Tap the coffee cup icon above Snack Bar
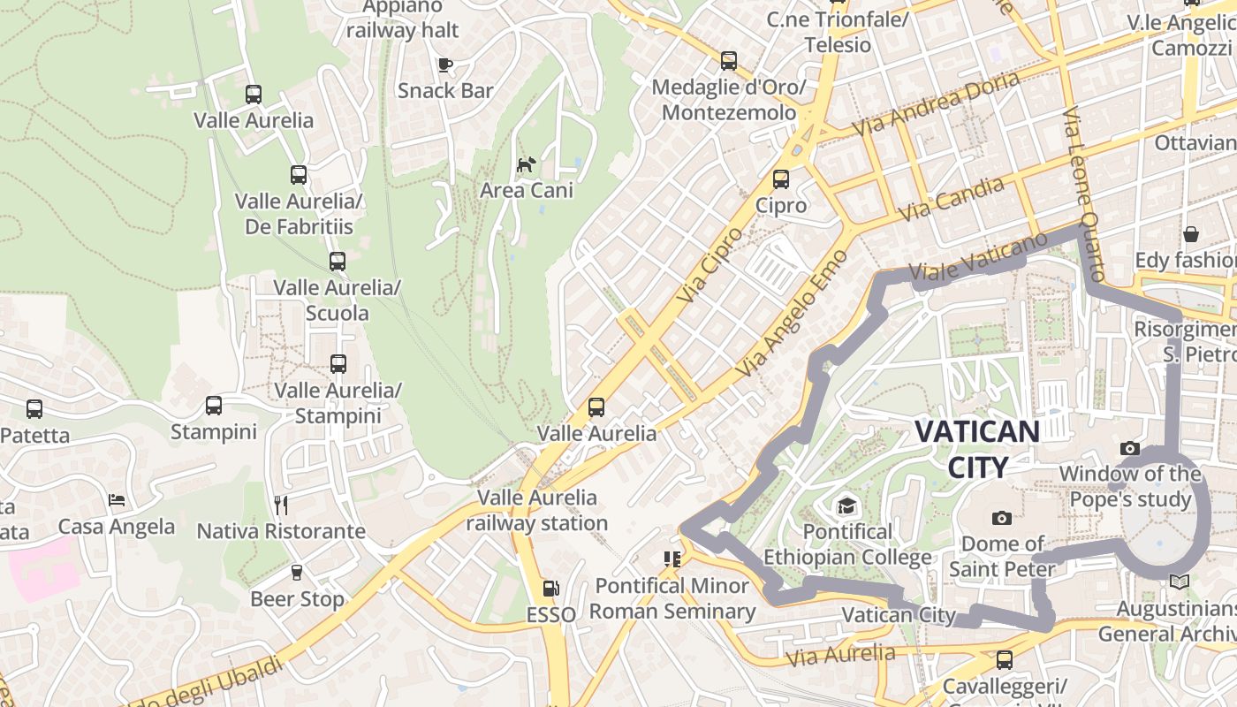[x=445, y=65]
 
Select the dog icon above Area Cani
[x=527, y=164]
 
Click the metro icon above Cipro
[x=781, y=179]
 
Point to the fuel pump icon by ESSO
[x=550, y=589]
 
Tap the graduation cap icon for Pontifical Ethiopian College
[x=847, y=506]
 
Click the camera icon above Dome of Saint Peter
[x=1001, y=518]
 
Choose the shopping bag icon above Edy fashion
[x=1191, y=234]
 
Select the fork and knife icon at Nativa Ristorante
[x=281, y=506]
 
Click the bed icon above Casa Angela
[x=117, y=501]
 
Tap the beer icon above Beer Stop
[x=297, y=574]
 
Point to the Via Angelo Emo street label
[x=790, y=313]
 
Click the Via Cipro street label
[x=710, y=264]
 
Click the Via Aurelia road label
[x=840, y=655]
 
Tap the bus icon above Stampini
[x=214, y=406]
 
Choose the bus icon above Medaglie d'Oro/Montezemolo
[x=729, y=61]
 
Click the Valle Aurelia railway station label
[x=537, y=510]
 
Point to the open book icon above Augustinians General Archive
[x=1179, y=582]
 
